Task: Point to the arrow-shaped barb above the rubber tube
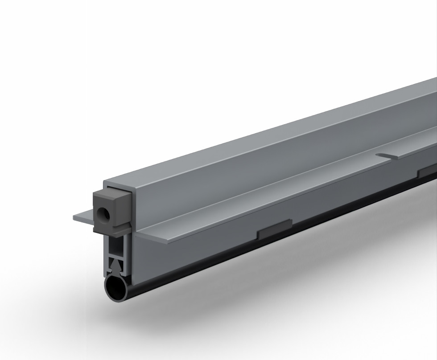(x=116, y=266)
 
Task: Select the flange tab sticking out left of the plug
(x=84, y=217)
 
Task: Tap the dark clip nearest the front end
(x=275, y=226)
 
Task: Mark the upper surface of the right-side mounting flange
(x=268, y=196)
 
